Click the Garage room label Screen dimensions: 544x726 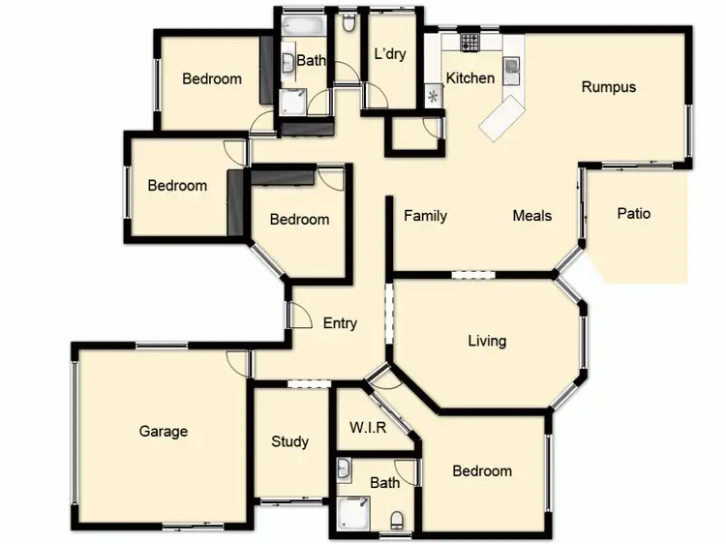163,432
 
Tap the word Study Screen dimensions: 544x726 289,441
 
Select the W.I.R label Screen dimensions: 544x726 368,427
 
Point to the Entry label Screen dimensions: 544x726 340,323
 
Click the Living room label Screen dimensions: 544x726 487,341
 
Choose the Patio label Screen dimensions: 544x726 634,214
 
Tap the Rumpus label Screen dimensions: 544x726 609,87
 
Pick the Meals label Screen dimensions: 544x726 532,216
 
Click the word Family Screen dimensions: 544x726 425,216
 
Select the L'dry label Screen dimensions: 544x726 389,54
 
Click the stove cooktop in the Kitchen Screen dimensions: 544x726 469,42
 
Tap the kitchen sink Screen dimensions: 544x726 510,67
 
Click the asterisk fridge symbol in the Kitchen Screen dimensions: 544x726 432,96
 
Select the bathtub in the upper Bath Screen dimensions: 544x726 303,24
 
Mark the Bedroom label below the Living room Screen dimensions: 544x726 482,471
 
